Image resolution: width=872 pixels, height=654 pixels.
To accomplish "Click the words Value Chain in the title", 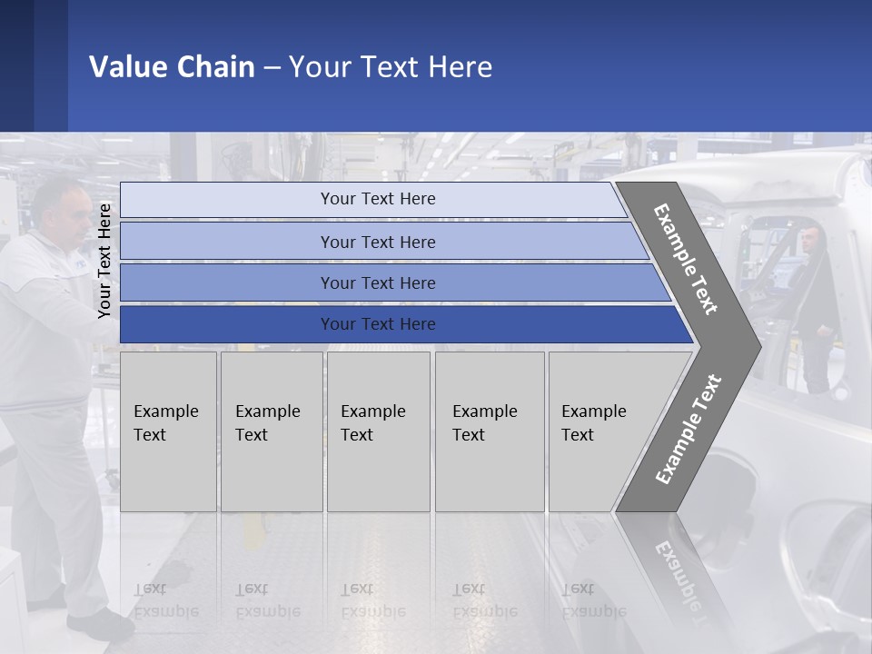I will [172, 67].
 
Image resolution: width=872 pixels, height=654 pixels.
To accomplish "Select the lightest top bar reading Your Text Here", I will [378, 199].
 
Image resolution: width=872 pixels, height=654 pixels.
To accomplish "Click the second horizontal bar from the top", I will [378, 242].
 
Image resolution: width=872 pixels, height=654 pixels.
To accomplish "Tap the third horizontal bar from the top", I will [378, 282].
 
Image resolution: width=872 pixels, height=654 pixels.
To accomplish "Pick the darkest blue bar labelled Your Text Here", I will [378, 324].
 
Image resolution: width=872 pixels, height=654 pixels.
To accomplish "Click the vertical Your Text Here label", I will [104, 261].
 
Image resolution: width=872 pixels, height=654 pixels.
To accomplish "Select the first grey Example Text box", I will [168, 431].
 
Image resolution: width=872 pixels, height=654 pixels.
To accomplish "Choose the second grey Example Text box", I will [271, 431].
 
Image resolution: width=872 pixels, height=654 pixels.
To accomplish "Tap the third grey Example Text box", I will [378, 431].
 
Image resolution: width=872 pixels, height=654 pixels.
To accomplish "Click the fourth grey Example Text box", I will [489, 431].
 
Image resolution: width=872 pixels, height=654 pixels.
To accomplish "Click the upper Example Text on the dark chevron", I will [686, 259].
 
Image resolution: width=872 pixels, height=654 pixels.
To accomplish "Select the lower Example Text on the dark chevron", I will [689, 430].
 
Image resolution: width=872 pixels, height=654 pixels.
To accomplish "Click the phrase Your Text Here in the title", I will [391, 67].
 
